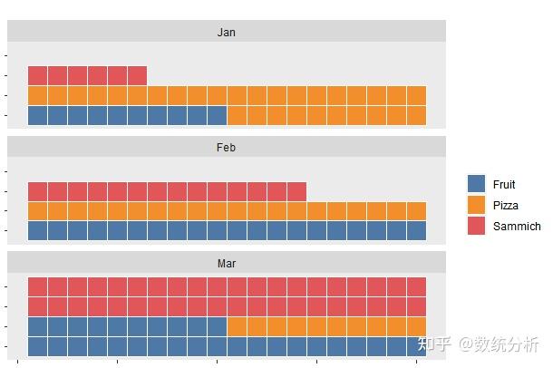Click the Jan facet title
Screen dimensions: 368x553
[226, 33]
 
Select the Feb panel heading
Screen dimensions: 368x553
[226, 147]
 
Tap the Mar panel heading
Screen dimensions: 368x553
[226, 263]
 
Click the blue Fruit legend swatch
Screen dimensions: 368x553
[477, 184]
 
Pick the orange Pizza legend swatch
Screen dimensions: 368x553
[477, 205]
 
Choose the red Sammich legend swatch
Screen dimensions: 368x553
[477, 226]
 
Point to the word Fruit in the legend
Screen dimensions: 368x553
[504, 185]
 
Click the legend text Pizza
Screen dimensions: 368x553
[506, 206]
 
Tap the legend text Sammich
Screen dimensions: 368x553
[517, 227]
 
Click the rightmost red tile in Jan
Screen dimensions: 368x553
[137, 75]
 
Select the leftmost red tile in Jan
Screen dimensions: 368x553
[37, 75]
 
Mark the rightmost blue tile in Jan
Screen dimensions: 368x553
[217, 115]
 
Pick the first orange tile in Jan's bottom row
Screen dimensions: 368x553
[237, 115]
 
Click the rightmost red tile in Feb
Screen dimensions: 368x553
[296, 191]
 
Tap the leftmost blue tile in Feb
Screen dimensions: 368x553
[37, 230]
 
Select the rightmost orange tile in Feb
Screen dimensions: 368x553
[416, 211]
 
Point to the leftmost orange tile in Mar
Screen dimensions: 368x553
[237, 326]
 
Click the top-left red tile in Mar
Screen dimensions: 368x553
[37, 286]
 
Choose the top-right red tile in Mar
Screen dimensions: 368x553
[416, 286]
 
